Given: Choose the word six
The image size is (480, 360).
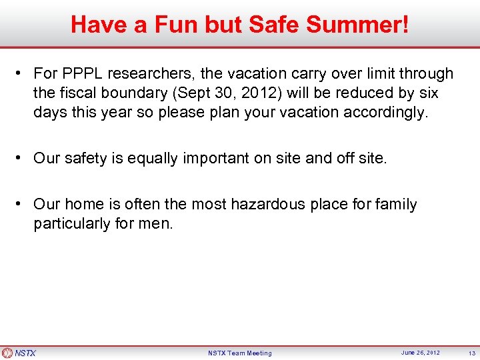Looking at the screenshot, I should click(425, 93).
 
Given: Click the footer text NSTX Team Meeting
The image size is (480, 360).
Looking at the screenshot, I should click(240, 353).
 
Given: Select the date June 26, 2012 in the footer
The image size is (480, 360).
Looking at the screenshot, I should click(421, 353).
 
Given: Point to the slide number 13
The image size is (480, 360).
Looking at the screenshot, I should click(471, 353).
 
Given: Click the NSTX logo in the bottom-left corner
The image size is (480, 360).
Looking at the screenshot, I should click(19, 353).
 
